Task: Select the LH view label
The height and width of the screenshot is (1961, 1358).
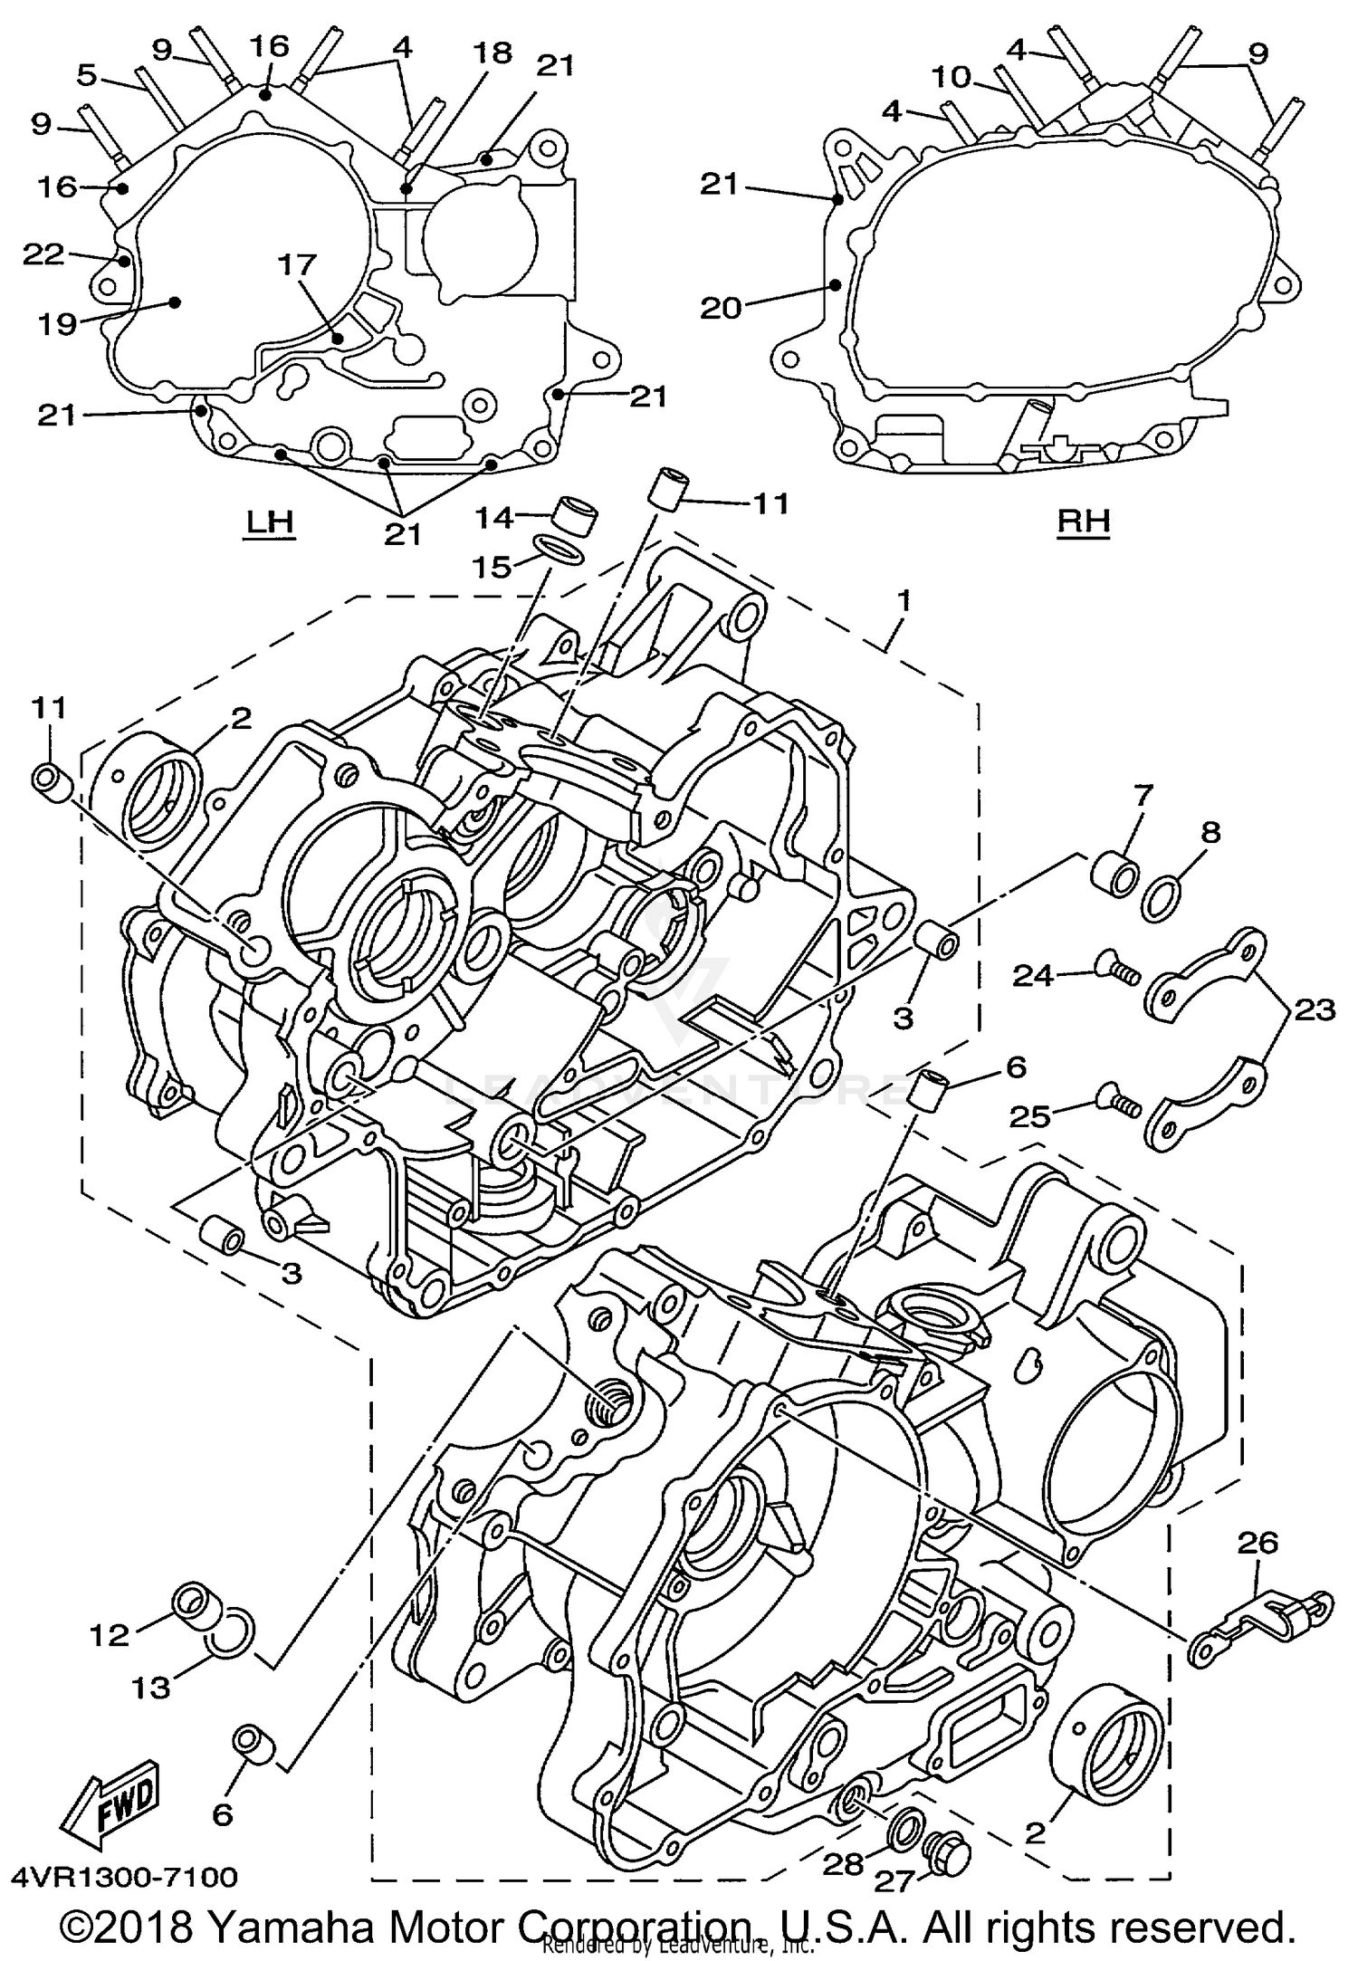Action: point(270,521)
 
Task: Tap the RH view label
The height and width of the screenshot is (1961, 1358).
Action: point(1084,521)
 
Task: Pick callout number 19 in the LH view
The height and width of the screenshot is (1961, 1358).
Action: point(56,323)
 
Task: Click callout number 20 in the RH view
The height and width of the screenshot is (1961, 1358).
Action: point(722,308)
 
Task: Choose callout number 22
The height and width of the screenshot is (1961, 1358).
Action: point(43,255)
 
